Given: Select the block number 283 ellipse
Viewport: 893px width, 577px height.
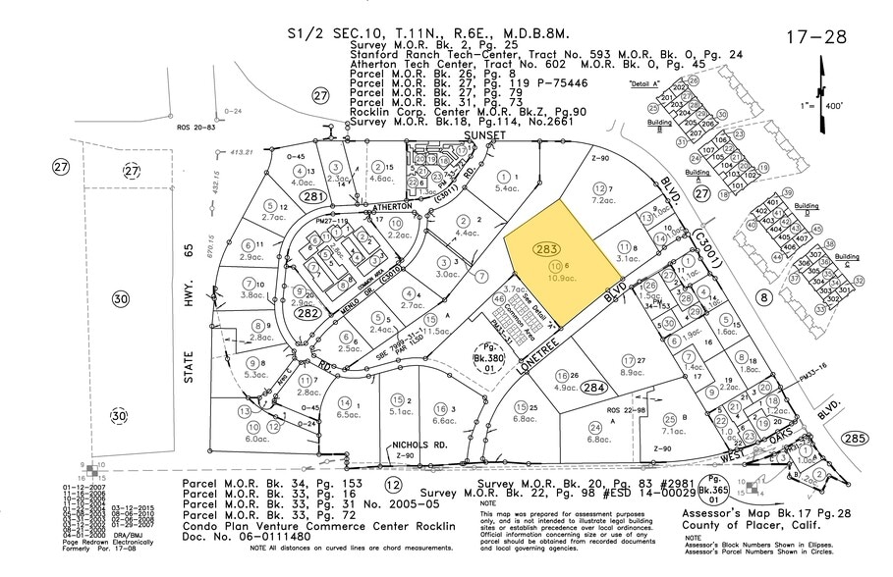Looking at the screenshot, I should click(x=548, y=250).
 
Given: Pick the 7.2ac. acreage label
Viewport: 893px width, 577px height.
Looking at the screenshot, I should click(x=605, y=201).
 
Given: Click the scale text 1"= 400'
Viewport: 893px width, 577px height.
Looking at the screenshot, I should click(x=843, y=131).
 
